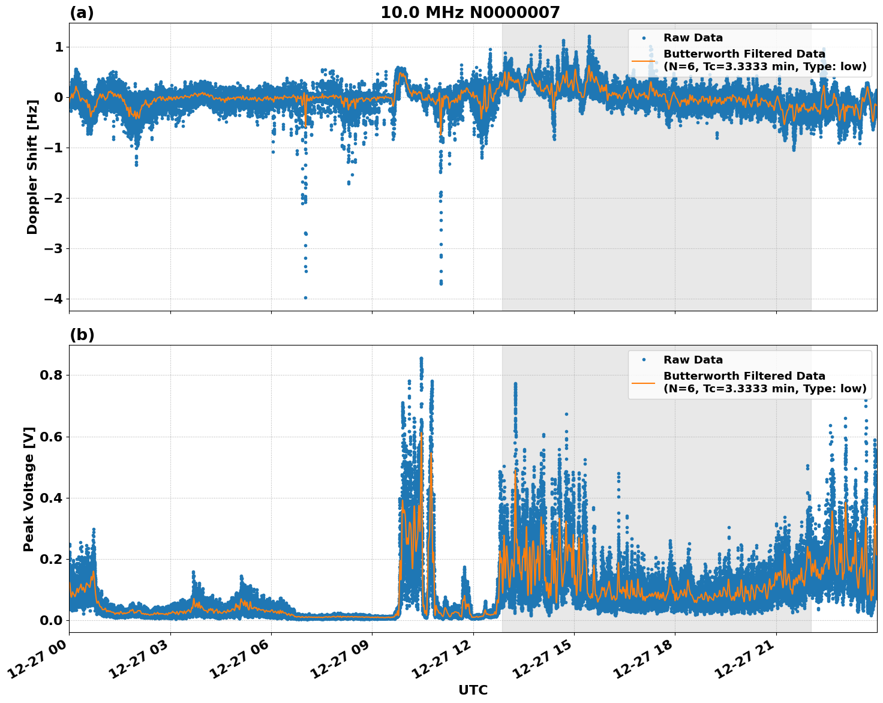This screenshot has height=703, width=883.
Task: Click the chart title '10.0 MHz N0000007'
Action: pyautogui.click(x=470, y=13)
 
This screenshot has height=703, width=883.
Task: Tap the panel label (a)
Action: pyautogui.click(x=82, y=13)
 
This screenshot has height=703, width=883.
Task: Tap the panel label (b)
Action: pyautogui.click(x=82, y=335)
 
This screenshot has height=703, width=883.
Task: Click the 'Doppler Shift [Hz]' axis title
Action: pyautogui.click(x=32, y=167)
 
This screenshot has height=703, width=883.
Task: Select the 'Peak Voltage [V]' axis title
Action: pyautogui.click(x=29, y=489)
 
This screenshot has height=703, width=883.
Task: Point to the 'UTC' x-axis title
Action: pyautogui.click(x=473, y=690)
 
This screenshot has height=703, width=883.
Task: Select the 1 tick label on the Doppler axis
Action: pyautogui.click(x=58, y=47)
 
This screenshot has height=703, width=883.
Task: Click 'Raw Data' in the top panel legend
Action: pyautogui.click(x=693, y=38)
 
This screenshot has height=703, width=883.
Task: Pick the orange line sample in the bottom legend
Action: pyautogui.click(x=643, y=382)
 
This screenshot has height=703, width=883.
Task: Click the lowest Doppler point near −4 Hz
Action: pyautogui.click(x=305, y=298)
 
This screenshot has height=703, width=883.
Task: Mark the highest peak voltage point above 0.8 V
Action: pyautogui.click(x=421, y=359)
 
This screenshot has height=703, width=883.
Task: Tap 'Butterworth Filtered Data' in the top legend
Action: pyautogui.click(x=744, y=54)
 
